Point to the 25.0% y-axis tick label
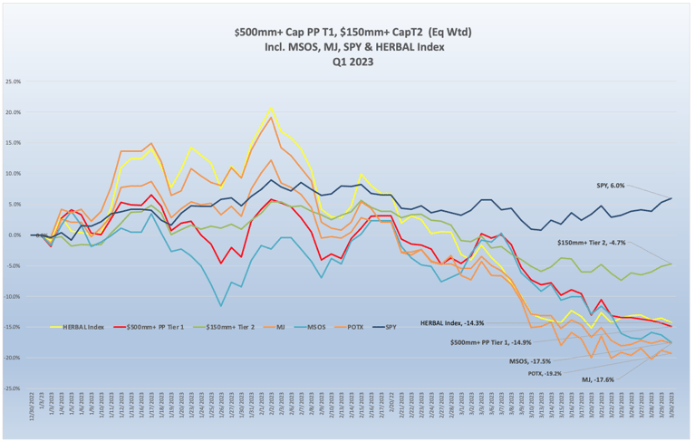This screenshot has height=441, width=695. [x=13, y=81]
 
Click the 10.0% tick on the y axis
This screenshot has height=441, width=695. [x=13, y=173]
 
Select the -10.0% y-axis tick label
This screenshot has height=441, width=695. [x=13, y=296]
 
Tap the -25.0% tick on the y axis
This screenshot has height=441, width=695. [x=13, y=388]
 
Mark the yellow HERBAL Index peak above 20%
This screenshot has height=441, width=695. [x=271, y=108]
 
